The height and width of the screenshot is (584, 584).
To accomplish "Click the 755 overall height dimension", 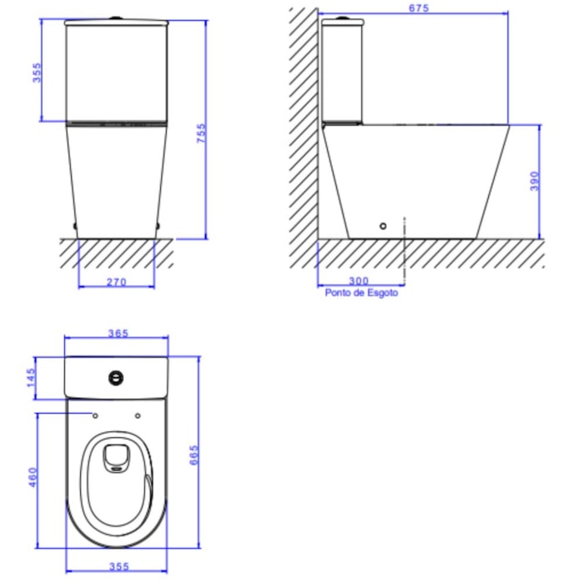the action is [x=201, y=133].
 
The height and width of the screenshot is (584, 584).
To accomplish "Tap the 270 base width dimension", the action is [x=117, y=282].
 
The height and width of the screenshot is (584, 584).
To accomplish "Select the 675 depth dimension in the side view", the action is [x=419, y=8].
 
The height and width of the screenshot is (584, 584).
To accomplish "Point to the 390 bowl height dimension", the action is [x=535, y=181].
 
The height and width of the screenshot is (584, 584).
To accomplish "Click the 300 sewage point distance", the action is [x=359, y=280].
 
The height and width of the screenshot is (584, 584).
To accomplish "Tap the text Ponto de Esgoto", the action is [x=361, y=293].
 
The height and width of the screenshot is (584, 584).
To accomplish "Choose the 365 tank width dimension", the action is [x=118, y=333].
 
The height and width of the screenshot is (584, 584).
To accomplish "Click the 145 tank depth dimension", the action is [x=32, y=377].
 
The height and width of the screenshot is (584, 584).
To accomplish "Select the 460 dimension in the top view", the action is [x=33, y=477].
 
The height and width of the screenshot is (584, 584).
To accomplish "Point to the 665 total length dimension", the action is [x=194, y=455].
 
